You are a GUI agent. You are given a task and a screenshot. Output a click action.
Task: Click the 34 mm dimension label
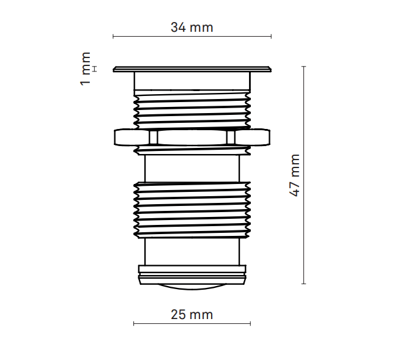pos(191,28)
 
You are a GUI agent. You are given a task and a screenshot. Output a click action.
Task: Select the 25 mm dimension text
pos(191,315)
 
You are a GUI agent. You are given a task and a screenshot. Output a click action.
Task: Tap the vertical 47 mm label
pos(295,175)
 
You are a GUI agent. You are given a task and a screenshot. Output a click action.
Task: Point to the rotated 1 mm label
pos(86,68)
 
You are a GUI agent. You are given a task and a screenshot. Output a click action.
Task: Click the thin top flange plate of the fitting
pos(192,69)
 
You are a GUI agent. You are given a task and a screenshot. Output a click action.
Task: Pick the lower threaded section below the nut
pos(192,208)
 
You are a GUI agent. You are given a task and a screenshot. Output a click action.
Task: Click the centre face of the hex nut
pos(192,138)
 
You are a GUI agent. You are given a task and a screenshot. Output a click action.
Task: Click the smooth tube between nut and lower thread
pos(192,166)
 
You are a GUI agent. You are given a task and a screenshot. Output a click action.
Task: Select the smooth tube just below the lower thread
pos(192,251)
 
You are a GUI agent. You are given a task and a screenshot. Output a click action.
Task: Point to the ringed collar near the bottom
pos(192,274)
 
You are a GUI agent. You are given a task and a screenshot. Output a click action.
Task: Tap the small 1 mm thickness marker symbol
pos(95,68)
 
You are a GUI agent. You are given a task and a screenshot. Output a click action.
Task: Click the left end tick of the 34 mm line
pos(113,37)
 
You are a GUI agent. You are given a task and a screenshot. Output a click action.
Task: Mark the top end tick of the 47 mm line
pos(304,66)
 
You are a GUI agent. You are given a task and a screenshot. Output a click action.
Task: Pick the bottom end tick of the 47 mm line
pos(304,284)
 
